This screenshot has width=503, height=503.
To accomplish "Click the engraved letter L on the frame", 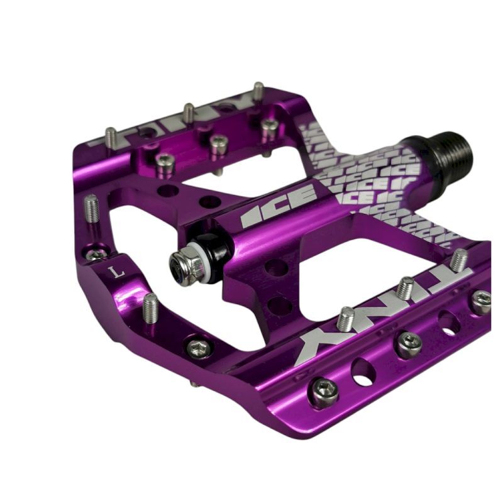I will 113,272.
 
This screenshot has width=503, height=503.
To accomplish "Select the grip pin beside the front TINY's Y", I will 345,317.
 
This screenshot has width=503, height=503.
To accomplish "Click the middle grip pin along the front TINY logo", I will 406,287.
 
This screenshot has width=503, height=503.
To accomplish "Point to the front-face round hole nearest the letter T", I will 448,322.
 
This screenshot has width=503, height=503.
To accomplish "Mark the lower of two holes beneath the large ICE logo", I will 279,304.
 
